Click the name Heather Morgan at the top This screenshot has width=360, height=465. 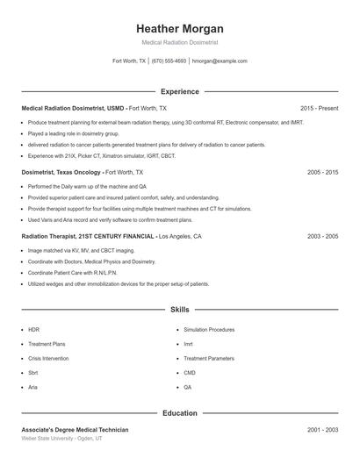[179, 28]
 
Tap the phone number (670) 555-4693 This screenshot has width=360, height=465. [169, 61]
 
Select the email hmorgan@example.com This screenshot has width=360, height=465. [220, 61]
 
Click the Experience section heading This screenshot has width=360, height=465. [179, 91]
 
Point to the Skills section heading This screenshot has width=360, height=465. [179, 310]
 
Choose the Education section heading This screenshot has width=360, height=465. [179, 412]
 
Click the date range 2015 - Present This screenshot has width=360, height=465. [318, 108]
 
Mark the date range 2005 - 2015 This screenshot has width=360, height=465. [322, 173]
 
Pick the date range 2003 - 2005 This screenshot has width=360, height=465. [322, 237]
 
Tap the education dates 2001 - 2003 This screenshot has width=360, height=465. [322, 430]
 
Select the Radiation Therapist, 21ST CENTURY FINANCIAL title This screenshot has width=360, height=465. [88, 237]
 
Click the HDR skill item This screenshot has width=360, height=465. [33, 330]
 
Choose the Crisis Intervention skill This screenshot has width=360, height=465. [49, 358]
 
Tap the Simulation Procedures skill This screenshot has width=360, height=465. [209, 330]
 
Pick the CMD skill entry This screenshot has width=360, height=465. [190, 372]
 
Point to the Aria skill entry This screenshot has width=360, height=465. [32, 386]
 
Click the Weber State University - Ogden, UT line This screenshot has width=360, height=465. [61, 438]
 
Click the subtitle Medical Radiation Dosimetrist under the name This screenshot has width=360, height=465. [179, 42]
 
